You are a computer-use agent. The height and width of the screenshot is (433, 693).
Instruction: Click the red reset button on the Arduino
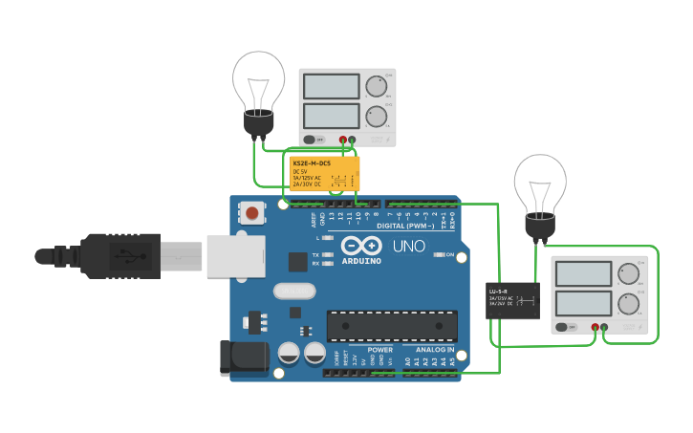[251, 212]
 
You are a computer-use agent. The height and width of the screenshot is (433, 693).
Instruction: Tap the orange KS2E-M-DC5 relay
[325, 174]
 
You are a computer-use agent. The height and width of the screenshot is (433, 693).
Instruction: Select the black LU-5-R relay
[512, 300]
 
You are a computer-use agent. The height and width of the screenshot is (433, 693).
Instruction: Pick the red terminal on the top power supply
[343, 140]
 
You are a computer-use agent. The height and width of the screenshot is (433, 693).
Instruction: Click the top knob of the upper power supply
[375, 87]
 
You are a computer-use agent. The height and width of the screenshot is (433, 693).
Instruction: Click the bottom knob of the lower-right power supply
[628, 304]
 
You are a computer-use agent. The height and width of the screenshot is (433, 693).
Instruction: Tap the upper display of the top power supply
[331, 86]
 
